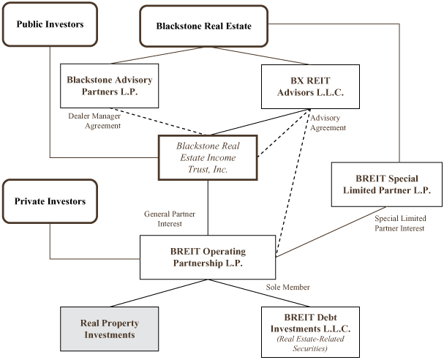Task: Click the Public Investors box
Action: point(50,25)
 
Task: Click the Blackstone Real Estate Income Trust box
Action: point(208,157)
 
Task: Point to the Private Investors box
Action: point(50,201)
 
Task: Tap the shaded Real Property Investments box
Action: point(109,330)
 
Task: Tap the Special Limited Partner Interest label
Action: point(399,223)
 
